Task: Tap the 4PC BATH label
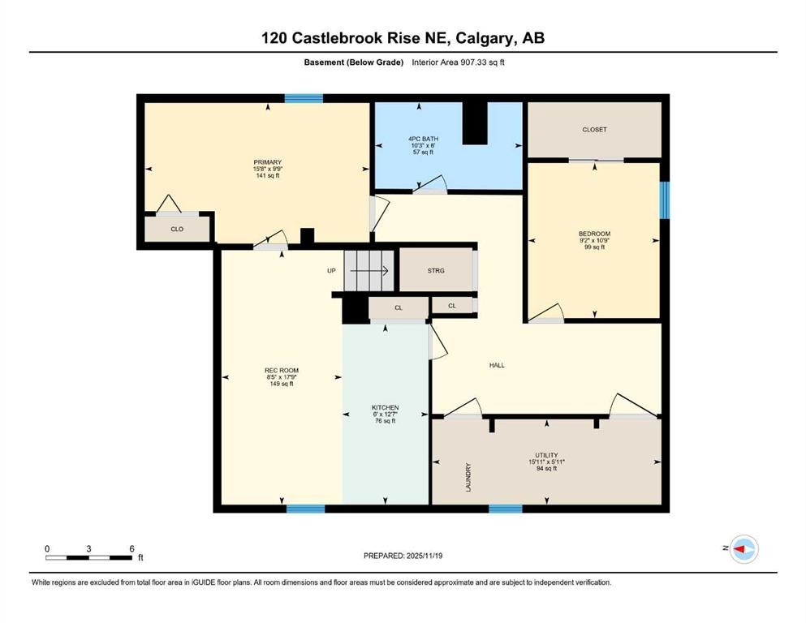tap(423, 139)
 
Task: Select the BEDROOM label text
tap(594, 234)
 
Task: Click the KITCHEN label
tap(385, 407)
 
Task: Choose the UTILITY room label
tap(545, 455)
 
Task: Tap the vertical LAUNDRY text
tap(468, 476)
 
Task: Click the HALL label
tap(497, 365)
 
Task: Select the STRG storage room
tap(436, 270)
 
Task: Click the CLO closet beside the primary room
tap(177, 230)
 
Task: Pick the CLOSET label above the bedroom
tap(594, 130)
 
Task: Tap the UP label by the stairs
tap(331, 270)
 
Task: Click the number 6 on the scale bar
tap(131, 548)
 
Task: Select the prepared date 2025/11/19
tap(421, 556)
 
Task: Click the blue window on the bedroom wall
tap(664, 200)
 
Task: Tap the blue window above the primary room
tap(304, 99)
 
